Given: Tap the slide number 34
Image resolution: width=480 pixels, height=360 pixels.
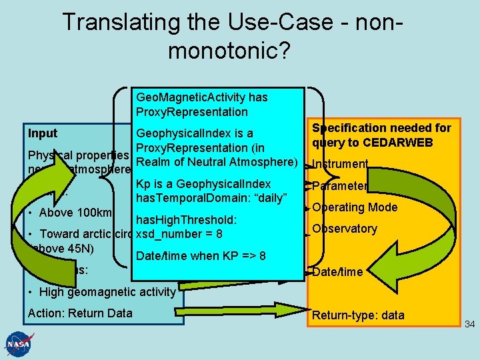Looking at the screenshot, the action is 469,325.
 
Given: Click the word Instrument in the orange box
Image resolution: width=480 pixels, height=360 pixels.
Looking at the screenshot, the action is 339,165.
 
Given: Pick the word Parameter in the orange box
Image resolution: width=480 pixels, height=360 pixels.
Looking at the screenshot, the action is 340,186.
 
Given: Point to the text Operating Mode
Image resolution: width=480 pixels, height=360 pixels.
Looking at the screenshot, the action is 355,207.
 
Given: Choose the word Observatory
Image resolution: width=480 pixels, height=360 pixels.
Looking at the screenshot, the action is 345,229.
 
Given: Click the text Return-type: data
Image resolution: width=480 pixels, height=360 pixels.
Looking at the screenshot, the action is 358,315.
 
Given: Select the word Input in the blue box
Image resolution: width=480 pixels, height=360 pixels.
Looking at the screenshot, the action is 43,133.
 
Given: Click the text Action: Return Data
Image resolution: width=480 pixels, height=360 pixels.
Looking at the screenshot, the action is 80,313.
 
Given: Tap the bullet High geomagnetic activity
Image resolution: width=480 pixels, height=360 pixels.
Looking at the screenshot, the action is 107,291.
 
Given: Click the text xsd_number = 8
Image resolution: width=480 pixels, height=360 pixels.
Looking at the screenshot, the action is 178,234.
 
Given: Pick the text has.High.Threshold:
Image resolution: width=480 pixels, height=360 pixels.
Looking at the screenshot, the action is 187,220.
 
